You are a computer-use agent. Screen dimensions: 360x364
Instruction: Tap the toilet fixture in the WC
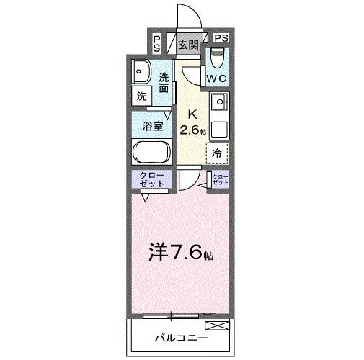[x=217, y=57]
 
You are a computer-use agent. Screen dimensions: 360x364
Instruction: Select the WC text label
[x=217, y=78]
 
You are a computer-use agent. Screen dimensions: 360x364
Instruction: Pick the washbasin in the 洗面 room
[x=141, y=72]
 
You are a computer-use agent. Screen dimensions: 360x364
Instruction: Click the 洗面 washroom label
[x=164, y=83]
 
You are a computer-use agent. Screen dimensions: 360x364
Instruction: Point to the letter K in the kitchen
[x=192, y=114]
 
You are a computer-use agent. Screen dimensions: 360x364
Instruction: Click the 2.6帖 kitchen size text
[x=193, y=130]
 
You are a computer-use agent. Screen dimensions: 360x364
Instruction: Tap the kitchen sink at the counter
[x=218, y=101]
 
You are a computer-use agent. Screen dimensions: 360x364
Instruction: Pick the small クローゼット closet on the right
[x=220, y=180]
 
